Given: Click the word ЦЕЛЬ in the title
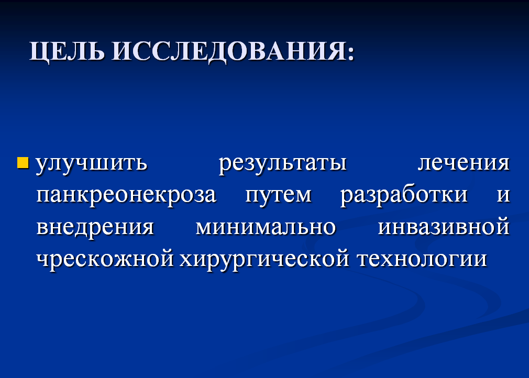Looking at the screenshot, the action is click(x=67, y=52).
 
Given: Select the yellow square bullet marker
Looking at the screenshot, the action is click(x=23, y=162).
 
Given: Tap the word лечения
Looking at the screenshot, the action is click(x=464, y=163).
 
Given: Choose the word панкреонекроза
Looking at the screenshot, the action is click(x=126, y=196).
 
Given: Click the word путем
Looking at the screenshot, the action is click(x=278, y=196).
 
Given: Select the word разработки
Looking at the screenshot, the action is click(x=404, y=195).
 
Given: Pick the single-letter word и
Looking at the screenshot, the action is click(x=503, y=195).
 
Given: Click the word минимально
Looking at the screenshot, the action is click(x=266, y=227).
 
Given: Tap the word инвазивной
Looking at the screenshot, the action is click(x=444, y=226).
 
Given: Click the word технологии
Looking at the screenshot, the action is click(x=422, y=259).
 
